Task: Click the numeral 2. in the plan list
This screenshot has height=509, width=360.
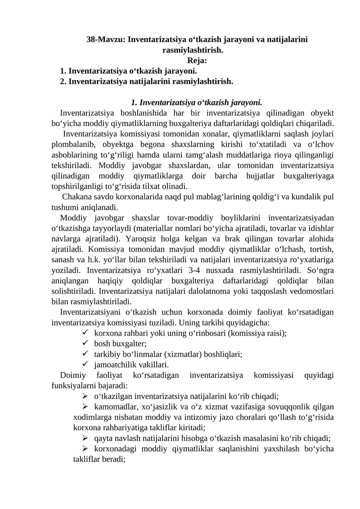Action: click(63, 81)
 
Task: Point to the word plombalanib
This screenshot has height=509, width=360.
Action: click(71, 144)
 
